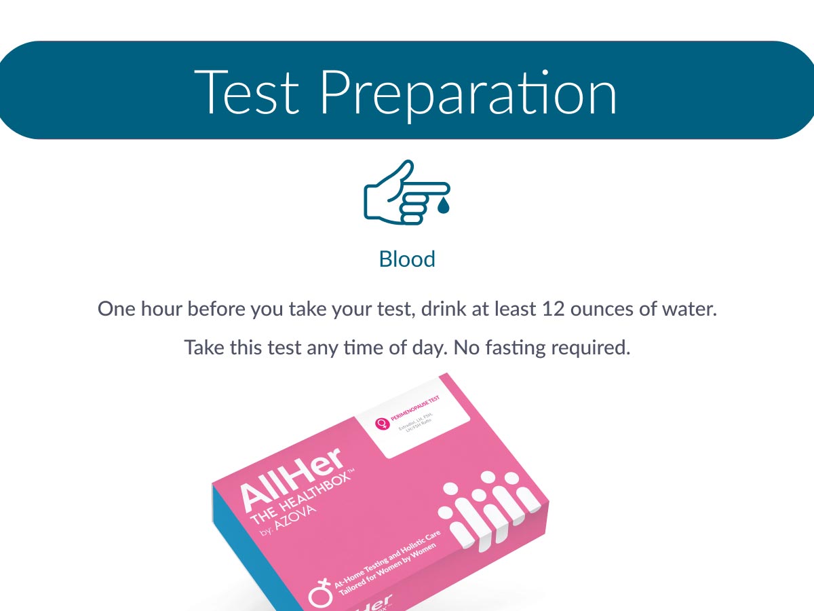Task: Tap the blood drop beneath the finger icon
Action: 443,206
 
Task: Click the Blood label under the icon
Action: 407,259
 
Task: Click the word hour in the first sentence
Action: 160,309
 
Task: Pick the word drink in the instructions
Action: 442,309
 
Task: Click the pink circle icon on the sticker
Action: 383,424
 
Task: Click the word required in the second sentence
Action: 589,348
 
